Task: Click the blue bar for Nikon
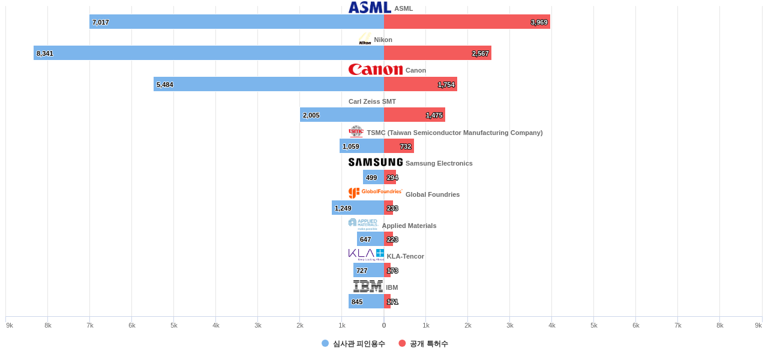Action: tap(209, 53)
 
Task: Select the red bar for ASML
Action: tap(467, 22)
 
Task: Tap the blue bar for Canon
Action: tap(269, 84)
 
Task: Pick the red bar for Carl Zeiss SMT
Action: tap(414, 115)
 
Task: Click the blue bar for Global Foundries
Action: tap(358, 208)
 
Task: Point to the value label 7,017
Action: tap(101, 22)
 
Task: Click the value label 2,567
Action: tap(480, 53)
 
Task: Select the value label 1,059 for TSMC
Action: tap(351, 146)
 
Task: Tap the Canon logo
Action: tap(376, 70)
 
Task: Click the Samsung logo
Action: tap(376, 162)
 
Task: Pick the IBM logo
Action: tap(368, 286)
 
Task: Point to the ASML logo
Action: tap(370, 7)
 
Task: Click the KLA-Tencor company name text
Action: tap(406, 256)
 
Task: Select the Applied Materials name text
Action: tap(409, 226)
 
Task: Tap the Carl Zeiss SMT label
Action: tap(372, 101)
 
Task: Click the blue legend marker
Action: tap(325, 343)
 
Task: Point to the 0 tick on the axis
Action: tap(384, 325)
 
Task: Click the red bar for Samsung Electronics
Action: tap(390, 177)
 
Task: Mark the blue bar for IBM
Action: tap(366, 301)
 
